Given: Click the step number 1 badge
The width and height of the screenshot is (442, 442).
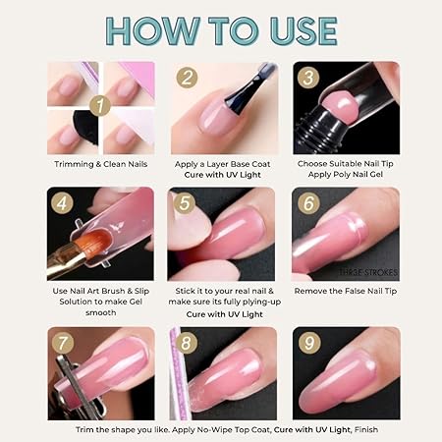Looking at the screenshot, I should pos(99,103).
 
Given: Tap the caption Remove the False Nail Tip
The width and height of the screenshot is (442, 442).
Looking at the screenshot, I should pos(346,292).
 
